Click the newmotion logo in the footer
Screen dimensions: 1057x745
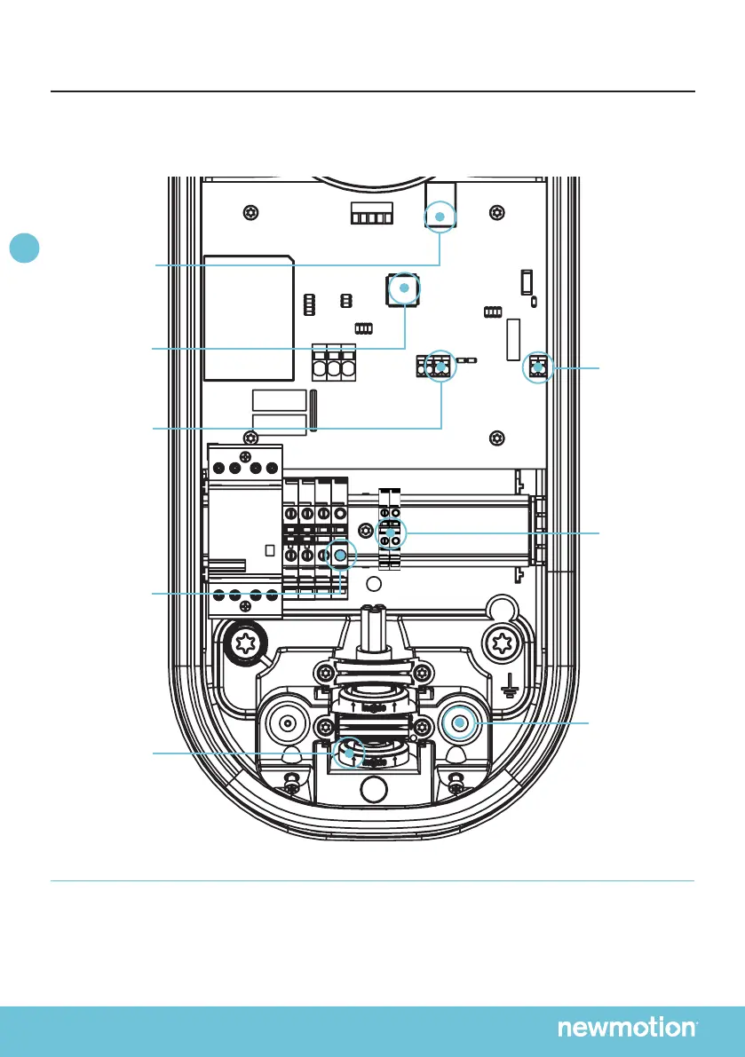(627, 1028)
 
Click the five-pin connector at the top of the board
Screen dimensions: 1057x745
(371, 217)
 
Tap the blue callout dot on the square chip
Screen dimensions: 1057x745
(404, 288)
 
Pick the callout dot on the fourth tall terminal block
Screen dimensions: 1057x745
(339, 556)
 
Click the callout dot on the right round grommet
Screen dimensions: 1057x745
(459, 724)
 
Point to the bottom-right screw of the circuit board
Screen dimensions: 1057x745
(495, 437)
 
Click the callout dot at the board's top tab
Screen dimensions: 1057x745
(438, 216)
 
